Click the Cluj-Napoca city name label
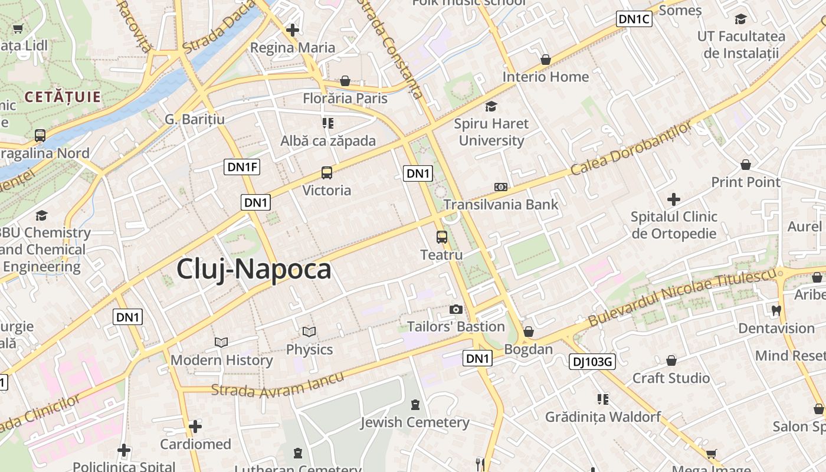[254, 270]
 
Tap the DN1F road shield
[242, 167]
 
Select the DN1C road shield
[634, 19]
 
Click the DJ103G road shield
[592, 361]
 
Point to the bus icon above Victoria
[327, 173]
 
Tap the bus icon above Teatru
[441, 237]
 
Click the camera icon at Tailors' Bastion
[455, 309]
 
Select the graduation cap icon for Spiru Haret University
[491, 106]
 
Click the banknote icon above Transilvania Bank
[500, 187]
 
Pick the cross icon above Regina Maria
[293, 29]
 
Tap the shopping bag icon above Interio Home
[546, 60]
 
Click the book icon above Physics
[309, 332]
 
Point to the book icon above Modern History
[221, 342]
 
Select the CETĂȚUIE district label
[63, 97]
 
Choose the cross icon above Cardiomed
[195, 426]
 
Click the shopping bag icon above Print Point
[746, 165]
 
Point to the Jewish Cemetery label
[415, 422]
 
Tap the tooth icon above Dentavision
[776, 310]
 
